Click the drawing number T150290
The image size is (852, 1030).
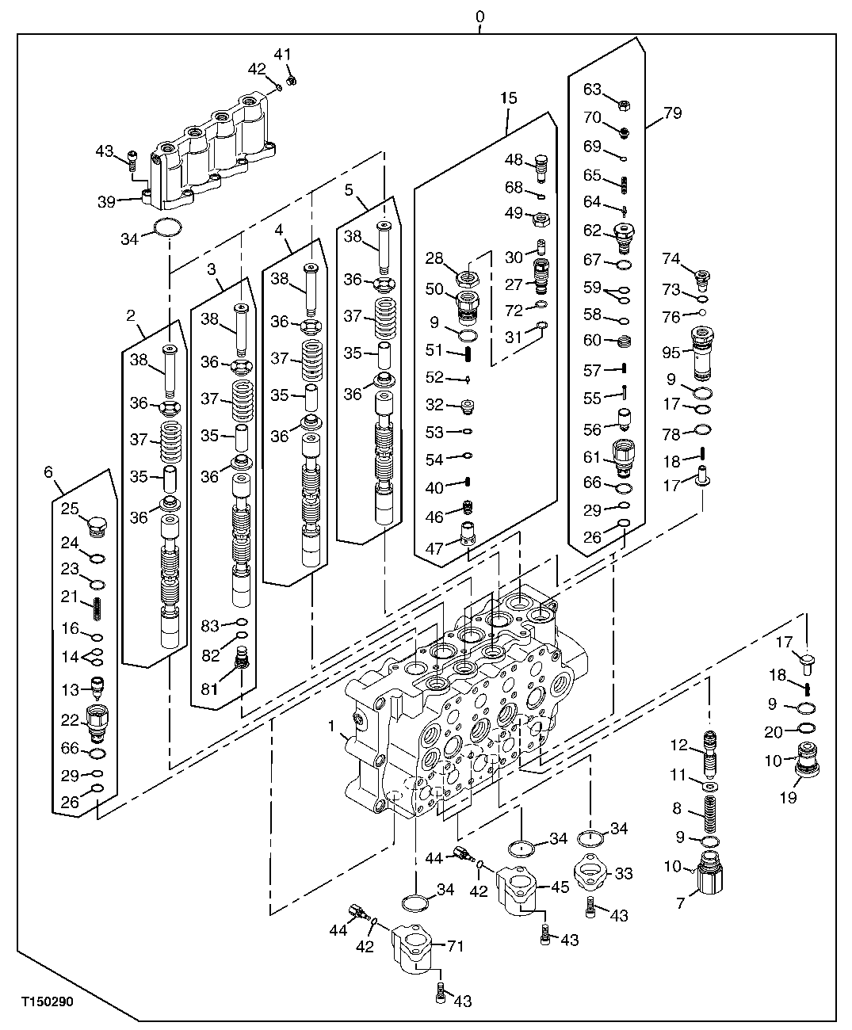point(47,1001)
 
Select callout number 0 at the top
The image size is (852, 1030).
point(479,16)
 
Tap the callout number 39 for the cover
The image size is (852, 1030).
point(106,202)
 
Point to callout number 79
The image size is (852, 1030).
point(671,113)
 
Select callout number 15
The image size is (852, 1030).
point(508,98)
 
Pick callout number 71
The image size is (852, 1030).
point(455,945)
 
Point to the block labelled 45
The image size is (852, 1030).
point(518,889)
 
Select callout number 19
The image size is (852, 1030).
point(787,798)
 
